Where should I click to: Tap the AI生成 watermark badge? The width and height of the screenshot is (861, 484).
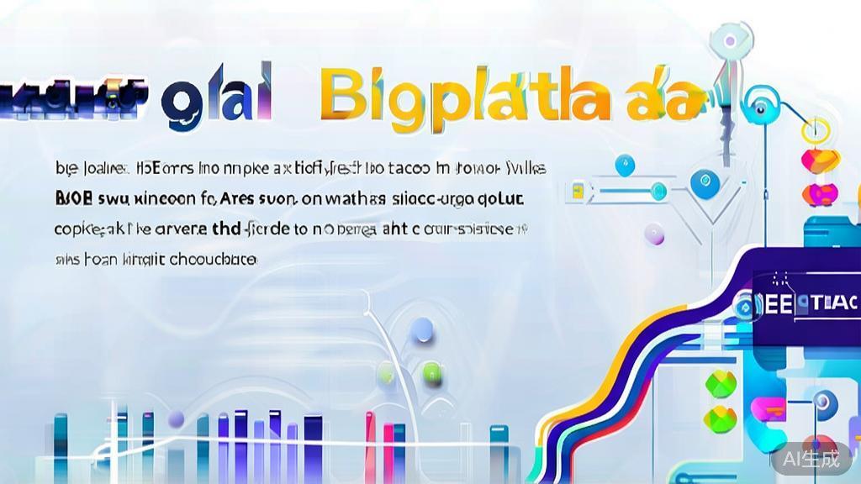(811, 459)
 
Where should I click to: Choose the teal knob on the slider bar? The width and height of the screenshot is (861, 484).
(658, 190)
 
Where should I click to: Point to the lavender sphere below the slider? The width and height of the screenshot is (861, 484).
(654, 234)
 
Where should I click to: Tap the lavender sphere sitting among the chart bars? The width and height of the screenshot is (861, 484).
(176, 419)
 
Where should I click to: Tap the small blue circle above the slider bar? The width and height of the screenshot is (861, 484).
(623, 166)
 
